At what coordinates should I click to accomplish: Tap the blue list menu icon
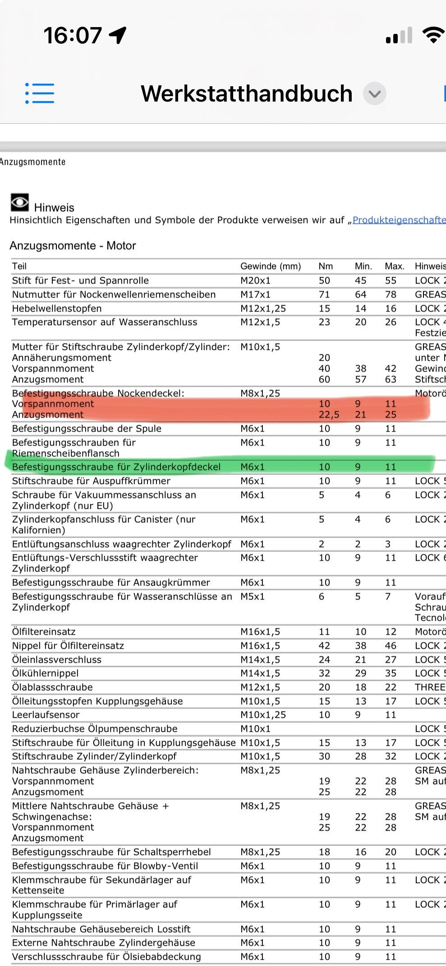(40, 93)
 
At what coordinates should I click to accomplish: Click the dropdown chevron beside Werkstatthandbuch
(375, 94)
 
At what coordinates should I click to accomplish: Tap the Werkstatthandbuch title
(246, 93)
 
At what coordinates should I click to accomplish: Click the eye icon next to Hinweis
(20, 203)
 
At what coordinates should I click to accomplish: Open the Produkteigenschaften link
(399, 220)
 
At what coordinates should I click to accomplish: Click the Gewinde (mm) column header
(271, 266)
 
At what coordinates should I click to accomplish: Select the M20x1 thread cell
(255, 280)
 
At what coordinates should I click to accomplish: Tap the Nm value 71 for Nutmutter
(324, 294)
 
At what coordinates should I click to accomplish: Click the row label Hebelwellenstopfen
(57, 308)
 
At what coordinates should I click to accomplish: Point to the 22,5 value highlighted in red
(329, 414)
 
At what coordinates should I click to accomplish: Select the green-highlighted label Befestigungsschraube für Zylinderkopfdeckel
(116, 467)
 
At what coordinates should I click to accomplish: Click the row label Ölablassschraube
(52, 687)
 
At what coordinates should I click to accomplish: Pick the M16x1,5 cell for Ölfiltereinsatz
(260, 632)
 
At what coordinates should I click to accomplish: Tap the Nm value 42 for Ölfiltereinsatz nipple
(324, 646)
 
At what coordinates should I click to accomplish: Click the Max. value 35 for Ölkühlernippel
(391, 673)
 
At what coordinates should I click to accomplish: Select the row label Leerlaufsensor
(46, 715)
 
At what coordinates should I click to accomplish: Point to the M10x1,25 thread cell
(263, 715)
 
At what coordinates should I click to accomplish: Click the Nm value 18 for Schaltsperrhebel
(324, 852)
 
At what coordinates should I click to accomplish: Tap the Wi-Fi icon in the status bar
(433, 35)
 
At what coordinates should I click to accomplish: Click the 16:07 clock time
(73, 35)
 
